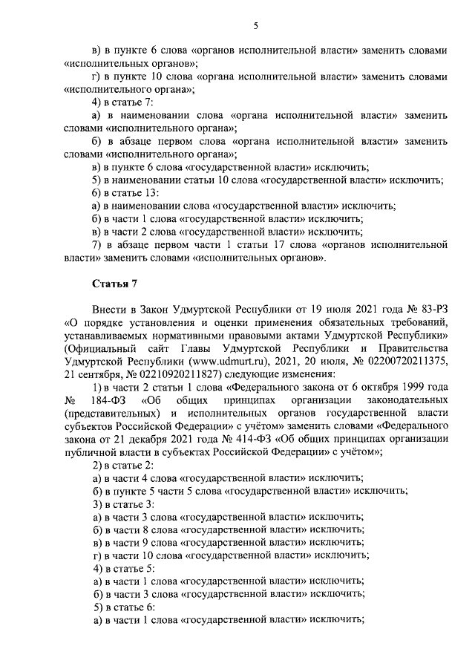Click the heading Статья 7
click(113, 284)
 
